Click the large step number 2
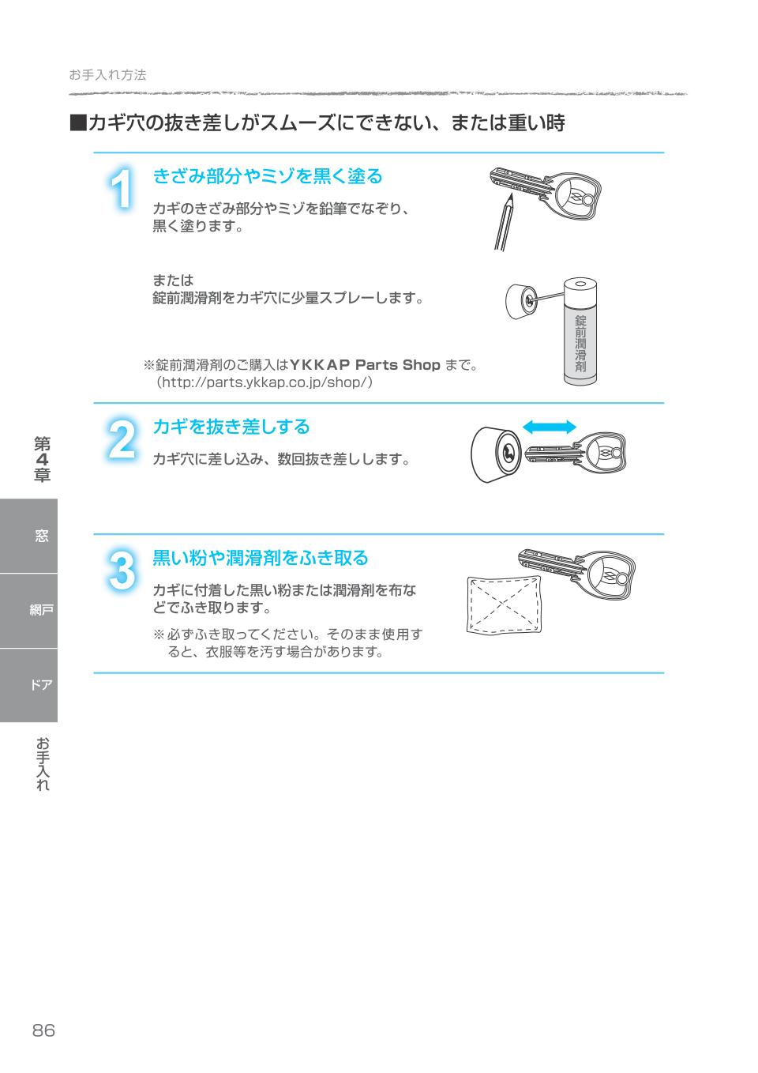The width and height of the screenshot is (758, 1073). [x=121, y=440]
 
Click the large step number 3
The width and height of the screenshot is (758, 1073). [x=121, y=570]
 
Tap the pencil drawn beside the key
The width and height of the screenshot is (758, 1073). [x=504, y=222]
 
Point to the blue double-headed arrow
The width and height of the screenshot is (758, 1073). [x=550, y=427]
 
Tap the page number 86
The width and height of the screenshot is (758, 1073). [x=43, y=1030]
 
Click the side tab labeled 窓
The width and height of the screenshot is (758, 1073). [x=41, y=536]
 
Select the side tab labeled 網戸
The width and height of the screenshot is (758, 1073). [x=41, y=610]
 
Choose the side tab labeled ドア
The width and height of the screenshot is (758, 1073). [x=41, y=685]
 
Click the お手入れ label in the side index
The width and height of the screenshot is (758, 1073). [x=43, y=764]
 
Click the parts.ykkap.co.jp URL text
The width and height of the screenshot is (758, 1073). [x=264, y=382]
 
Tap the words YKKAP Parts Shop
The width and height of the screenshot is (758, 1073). [x=365, y=364]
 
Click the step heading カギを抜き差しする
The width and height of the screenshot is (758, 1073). [x=231, y=427]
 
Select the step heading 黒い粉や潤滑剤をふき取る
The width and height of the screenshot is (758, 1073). [x=260, y=558]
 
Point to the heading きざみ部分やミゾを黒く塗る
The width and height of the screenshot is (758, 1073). [x=267, y=175]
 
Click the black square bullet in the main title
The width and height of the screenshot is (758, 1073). [x=77, y=123]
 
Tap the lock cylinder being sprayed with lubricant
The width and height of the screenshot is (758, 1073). [x=520, y=302]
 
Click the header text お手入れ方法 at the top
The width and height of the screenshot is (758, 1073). [x=107, y=75]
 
